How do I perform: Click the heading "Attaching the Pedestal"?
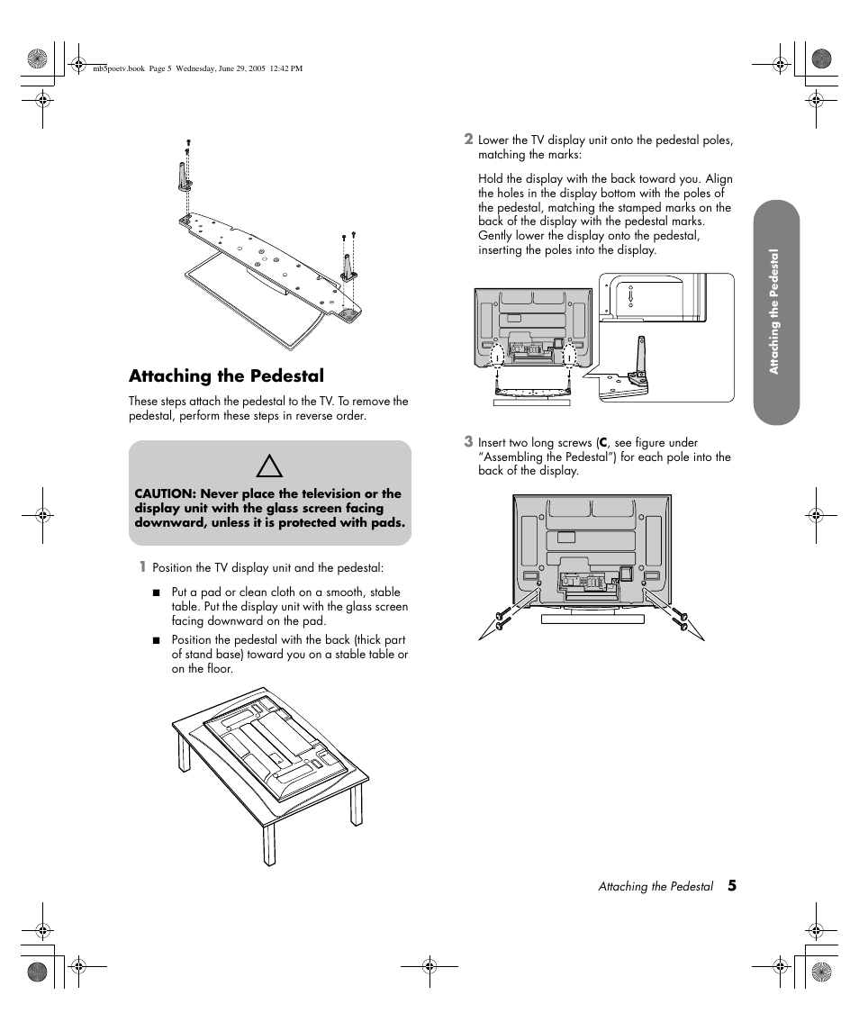pos(226,375)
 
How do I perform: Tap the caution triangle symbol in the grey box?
pos(269,466)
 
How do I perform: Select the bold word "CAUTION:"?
pos(166,493)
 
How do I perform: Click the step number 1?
pos(141,567)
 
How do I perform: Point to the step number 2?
pos(468,139)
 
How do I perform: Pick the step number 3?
pos(468,441)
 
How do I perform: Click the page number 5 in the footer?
pos(732,886)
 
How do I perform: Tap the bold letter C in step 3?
pos(603,443)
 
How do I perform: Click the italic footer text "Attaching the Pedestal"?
pos(656,887)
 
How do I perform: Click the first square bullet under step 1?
pos(156,592)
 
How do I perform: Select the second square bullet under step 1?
pos(156,640)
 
